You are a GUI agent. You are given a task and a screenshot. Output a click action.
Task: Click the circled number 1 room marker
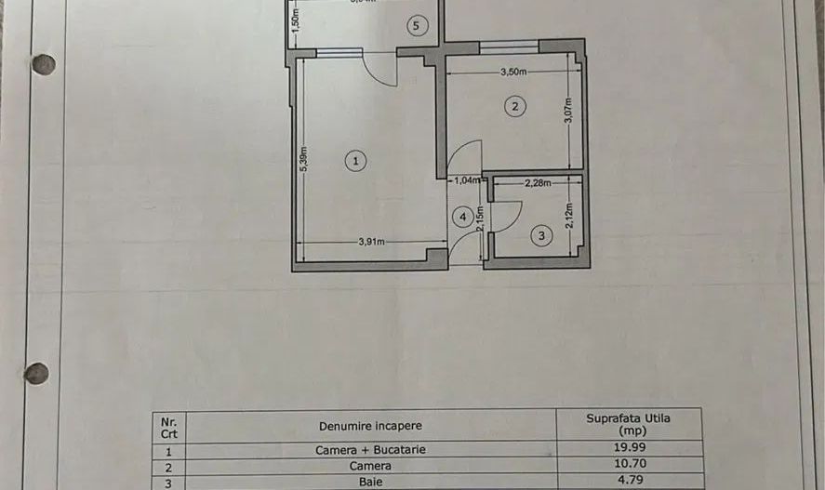pyautogui.click(x=354, y=161)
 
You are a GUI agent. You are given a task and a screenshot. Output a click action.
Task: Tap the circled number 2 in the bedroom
pyautogui.click(x=513, y=106)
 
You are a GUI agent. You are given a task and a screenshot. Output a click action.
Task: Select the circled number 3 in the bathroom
pyautogui.click(x=543, y=237)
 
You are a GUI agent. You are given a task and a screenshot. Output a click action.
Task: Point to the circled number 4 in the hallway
pyautogui.click(x=462, y=217)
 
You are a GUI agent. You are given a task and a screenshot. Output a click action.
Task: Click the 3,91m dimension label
pyautogui.click(x=372, y=242)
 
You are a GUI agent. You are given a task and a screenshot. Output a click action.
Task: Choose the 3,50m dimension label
pyautogui.click(x=513, y=72)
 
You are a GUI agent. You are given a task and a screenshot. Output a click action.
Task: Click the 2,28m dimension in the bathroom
pyautogui.click(x=537, y=183)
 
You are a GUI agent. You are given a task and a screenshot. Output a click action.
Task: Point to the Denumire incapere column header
pyautogui.click(x=370, y=426)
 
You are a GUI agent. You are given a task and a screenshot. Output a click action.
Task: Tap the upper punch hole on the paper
pyautogui.click(x=44, y=64)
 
